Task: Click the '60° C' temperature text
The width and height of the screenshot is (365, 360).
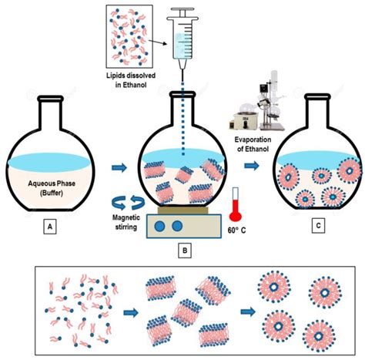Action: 236,230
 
